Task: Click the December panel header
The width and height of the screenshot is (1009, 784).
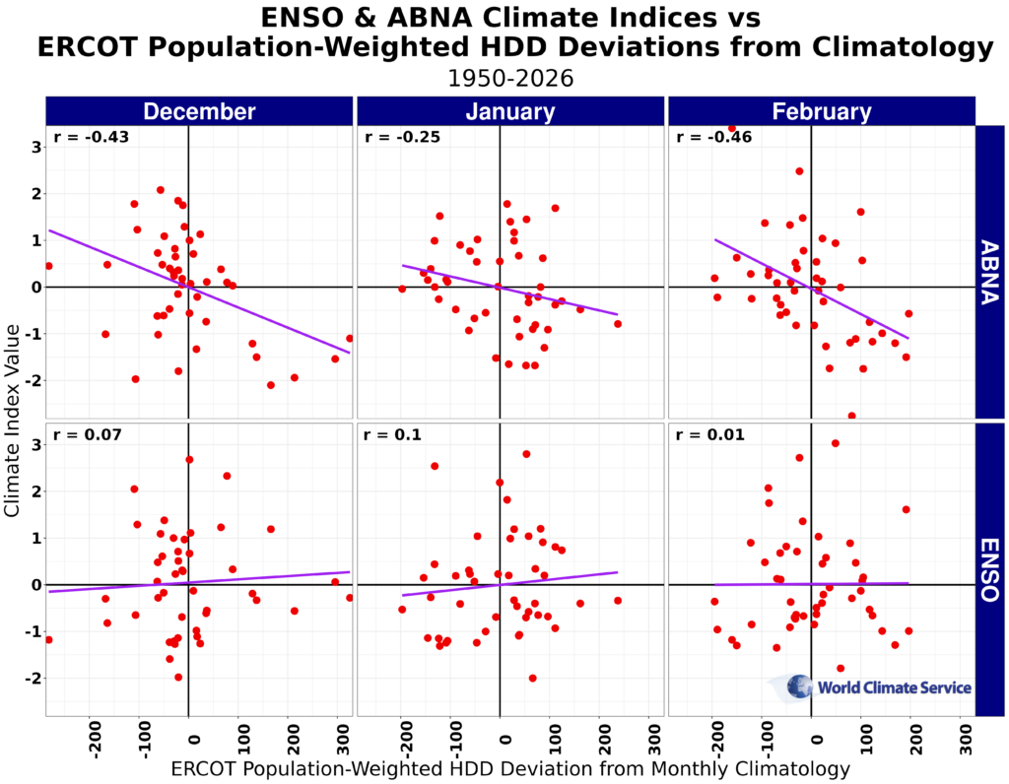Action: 198,111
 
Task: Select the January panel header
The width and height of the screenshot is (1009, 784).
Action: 509,111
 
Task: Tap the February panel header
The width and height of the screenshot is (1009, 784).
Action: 821,111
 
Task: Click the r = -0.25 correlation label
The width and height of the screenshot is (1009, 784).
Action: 398,137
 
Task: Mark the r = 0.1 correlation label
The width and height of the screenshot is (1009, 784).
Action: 392,434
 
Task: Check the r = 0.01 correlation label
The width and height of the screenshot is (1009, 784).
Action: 707,434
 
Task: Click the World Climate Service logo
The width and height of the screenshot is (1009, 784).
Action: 871,687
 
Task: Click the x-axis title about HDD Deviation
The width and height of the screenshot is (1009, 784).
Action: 510,767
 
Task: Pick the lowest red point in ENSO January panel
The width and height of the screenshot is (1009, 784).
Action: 532,678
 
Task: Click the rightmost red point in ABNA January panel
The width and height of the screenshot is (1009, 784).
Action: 618,324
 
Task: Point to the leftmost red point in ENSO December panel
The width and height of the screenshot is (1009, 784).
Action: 48,640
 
